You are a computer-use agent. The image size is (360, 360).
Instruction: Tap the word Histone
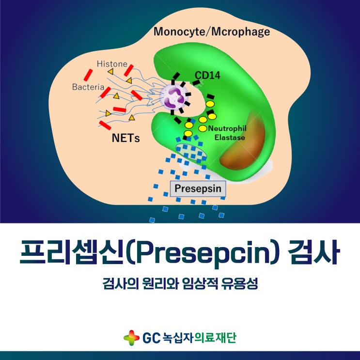point(112,64)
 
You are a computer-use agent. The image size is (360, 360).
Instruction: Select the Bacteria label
point(88,87)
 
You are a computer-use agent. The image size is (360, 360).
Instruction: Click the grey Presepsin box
point(198,188)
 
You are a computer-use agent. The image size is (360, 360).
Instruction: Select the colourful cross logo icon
point(131,337)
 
